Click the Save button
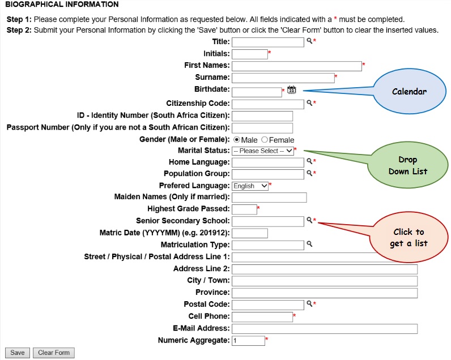click(18, 353)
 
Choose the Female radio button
click(265, 139)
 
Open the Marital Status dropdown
click(263, 151)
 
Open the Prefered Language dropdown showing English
click(250, 186)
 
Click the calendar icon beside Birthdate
click(292, 89)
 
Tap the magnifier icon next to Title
click(309, 41)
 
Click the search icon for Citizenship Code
click(309, 103)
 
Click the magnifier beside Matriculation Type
click(309, 245)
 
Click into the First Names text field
click(296, 66)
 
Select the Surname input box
click(283, 78)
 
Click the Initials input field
click(249, 54)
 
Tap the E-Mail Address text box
click(324, 329)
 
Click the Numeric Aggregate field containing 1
click(248, 341)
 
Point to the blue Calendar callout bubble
click(409, 91)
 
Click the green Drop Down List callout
click(407, 165)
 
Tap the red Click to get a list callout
click(408, 238)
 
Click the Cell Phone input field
click(262, 317)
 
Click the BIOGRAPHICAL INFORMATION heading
click(62, 5)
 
